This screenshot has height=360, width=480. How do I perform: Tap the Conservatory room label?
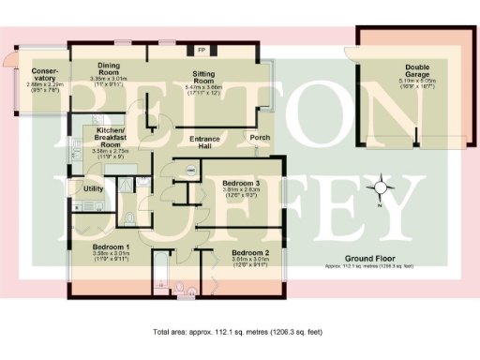coord(44,76)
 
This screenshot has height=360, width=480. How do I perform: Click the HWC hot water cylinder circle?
coord(191,171)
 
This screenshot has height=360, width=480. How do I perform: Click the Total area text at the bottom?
coord(239,333)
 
